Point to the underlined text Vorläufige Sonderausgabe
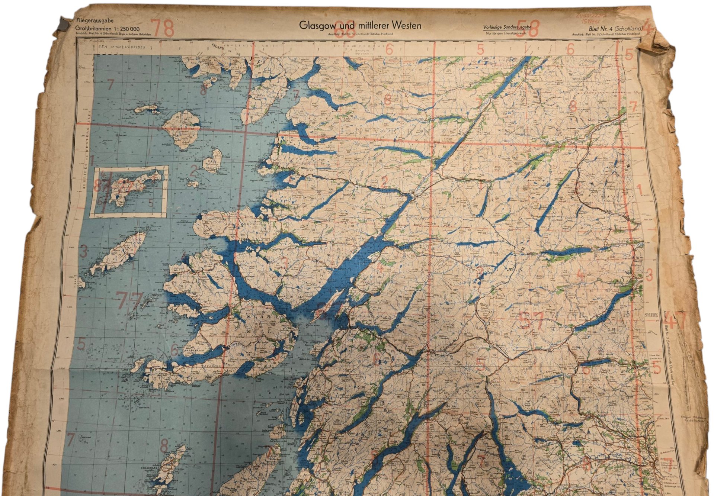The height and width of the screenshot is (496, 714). point(507,28)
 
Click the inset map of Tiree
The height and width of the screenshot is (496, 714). point(130,190)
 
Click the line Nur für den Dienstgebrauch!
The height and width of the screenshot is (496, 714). point(507,34)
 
